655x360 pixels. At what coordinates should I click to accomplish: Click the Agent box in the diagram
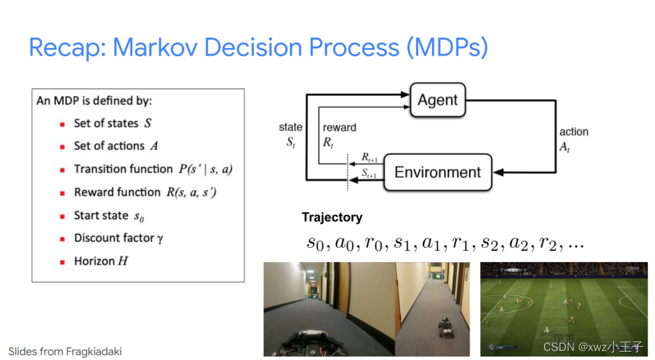tap(437, 100)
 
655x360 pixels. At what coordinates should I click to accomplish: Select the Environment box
tap(437, 172)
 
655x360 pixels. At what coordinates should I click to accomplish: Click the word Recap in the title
tap(66, 47)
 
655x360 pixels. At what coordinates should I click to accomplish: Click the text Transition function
tap(123, 169)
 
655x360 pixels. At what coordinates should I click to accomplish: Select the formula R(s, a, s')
tap(192, 192)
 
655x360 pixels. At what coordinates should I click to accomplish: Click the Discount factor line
tap(118, 238)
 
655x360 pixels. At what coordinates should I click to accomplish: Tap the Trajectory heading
tap(331, 218)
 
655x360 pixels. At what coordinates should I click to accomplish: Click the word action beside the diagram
tap(574, 131)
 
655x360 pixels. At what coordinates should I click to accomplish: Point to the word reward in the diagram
tap(339, 127)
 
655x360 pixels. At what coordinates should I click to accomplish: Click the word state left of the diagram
tap(290, 127)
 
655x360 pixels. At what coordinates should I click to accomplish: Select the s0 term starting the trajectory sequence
tap(315, 243)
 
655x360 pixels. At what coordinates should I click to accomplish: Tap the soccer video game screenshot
tap(563, 308)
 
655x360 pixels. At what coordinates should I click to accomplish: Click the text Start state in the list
tap(101, 216)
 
